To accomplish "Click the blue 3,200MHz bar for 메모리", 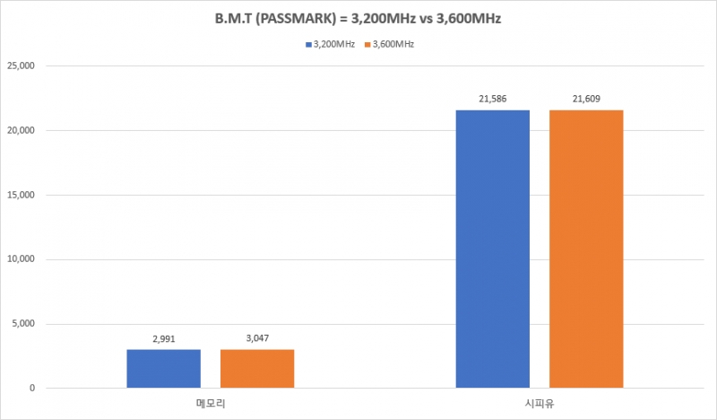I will click(x=164, y=369).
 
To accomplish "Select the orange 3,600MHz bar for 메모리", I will click(x=257, y=369).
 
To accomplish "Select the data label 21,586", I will click(x=493, y=101).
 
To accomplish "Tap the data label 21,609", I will click(x=586, y=101).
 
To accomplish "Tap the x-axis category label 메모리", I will click(x=211, y=405).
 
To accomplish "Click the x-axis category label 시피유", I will click(x=540, y=405).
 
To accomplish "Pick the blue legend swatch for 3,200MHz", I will click(x=307, y=43).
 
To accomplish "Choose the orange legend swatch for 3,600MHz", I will click(x=367, y=43).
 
